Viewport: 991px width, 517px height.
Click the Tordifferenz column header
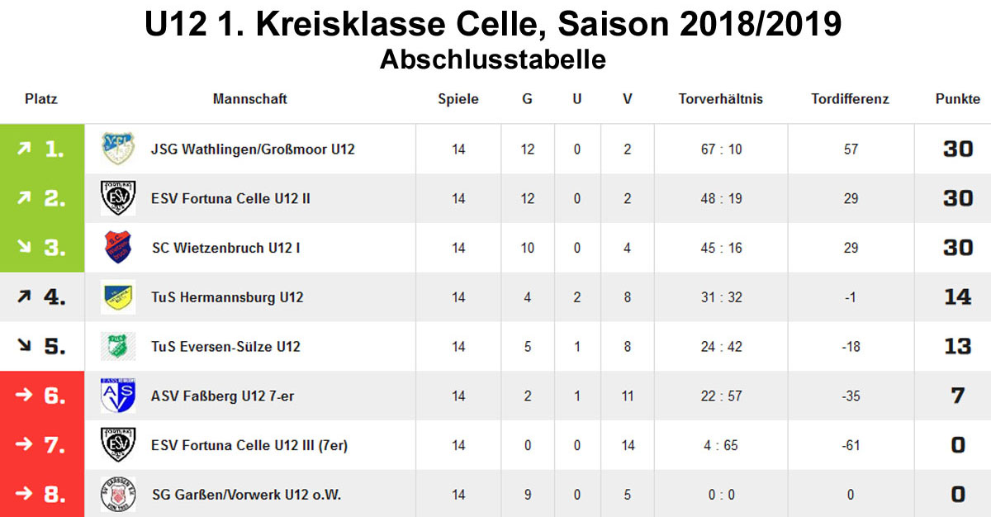point(850,99)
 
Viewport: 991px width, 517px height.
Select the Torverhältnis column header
point(720,99)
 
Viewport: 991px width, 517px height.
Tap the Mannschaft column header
point(250,99)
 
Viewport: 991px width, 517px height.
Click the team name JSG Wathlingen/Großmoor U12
point(253,149)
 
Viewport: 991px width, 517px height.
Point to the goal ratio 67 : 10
point(721,149)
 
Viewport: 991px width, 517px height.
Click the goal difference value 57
point(851,149)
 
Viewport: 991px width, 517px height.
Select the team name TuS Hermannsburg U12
point(227,297)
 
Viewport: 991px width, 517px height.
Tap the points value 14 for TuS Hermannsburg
point(957,297)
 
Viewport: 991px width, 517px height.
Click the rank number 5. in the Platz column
point(55,346)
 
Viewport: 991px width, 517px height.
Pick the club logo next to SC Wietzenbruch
point(118,248)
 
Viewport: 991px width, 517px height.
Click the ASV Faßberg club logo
point(118,396)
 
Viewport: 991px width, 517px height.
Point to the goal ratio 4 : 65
point(721,445)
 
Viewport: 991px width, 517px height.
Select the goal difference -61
point(851,445)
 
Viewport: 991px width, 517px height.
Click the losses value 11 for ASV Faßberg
point(628,396)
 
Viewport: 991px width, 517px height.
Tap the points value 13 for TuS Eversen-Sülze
point(957,346)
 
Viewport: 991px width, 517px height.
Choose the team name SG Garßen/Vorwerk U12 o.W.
point(246,495)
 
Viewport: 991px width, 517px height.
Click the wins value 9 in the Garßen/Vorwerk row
point(527,495)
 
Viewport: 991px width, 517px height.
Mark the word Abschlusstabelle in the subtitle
point(493,59)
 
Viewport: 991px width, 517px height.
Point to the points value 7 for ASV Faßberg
point(957,396)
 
